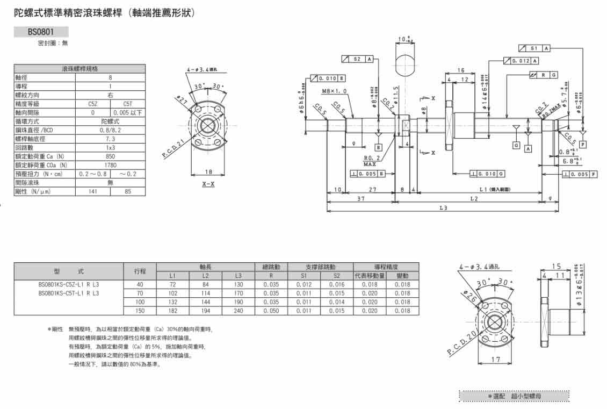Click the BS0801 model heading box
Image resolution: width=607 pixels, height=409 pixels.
coord(41,32)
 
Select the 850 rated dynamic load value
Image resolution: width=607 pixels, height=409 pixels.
coord(110,156)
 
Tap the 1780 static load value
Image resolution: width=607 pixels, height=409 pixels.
coord(110,165)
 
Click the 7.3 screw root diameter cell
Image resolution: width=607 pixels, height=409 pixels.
coord(110,139)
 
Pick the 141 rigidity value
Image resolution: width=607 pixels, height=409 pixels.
coord(92,191)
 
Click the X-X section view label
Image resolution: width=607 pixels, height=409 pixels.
coord(208,184)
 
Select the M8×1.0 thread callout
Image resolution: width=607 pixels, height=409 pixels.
coord(335,91)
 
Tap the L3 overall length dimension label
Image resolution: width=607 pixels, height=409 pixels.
coord(443,208)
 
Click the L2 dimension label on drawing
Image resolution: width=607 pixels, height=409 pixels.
coord(474,199)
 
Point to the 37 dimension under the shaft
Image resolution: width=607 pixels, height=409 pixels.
coord(361,199)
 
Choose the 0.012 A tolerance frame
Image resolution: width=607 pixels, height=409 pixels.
coord(521,61)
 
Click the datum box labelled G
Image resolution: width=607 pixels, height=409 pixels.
coord(516,145)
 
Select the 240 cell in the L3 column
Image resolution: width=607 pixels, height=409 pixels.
coord(239,311)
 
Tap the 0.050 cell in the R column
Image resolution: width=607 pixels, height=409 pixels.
coord(271,311)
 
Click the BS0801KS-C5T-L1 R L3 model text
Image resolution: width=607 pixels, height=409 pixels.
coord(69,293)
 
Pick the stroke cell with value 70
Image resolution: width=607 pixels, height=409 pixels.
coord(140,293)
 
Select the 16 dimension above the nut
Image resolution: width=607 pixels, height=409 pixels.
coord(461,70)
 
